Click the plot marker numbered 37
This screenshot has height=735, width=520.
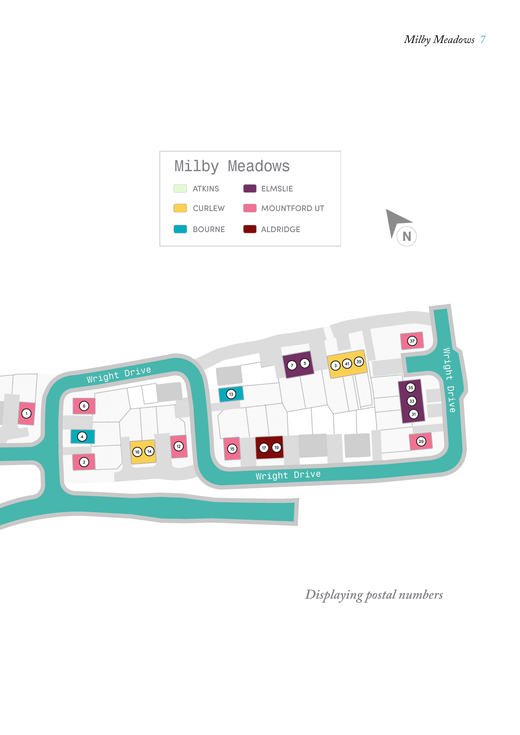click(412, 341)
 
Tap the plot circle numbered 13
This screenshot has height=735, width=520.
click(231, 394)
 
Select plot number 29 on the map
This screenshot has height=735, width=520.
click(421, 441)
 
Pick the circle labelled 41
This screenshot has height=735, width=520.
click(347, 364)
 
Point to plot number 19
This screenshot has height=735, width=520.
click(277, 448)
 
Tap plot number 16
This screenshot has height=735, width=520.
click(137, 452)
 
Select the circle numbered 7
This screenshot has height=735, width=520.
click(292, 365)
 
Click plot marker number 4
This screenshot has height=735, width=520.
click(82, 437)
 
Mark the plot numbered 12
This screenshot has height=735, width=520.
click(179, 446)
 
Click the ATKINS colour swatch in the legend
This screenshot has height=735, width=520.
click(180, 189)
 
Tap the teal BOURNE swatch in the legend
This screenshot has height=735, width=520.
click(180, 229)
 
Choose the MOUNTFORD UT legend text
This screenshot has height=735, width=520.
click(293, 208)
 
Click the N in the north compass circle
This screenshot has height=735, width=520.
click(407, 237)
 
